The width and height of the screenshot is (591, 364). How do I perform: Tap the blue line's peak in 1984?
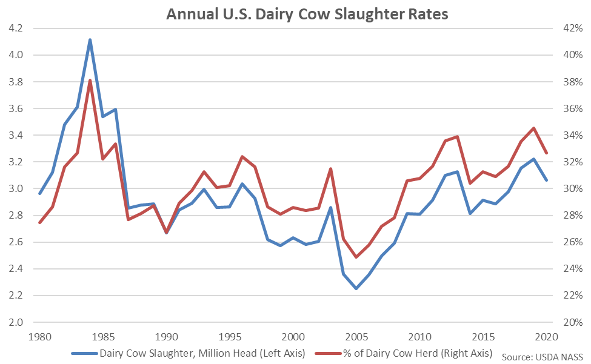(90, 40)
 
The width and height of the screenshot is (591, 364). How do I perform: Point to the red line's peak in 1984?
(90, 81)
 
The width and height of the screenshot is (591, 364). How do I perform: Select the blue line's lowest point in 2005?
(356, 288)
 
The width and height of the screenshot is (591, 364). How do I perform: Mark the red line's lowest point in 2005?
(356, 257)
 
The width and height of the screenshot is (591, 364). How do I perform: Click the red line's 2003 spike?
(331, 169)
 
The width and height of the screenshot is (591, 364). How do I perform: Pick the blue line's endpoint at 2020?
(547, 180)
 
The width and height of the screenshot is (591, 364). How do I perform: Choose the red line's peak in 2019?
(534, 128)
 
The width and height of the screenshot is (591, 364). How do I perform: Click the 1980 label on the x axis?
(39, 337)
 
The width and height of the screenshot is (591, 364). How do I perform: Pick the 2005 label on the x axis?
(356, 337)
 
